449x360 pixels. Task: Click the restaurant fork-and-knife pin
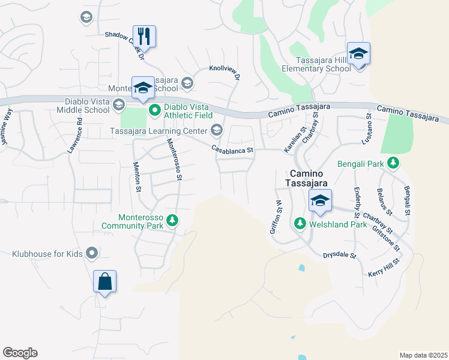(144, 35)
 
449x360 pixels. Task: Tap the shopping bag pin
(104, 281)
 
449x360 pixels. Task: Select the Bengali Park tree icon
(393, 163)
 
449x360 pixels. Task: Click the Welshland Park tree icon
(300, 224)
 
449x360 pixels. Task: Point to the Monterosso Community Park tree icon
(172, 221)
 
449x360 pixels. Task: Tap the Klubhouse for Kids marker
(92, 254)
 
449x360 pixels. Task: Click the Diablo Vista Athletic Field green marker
(154, 109)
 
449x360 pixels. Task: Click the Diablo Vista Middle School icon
(118, 106)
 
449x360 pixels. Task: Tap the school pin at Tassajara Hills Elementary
(358, 53)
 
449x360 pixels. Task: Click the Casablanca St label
(232, 150)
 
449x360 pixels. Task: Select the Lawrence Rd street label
(75, 134)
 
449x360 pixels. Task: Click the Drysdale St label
(340, 255)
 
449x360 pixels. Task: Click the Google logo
(20, 353)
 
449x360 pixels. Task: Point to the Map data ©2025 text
(423, 355)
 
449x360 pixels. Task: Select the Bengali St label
(406, 200)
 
